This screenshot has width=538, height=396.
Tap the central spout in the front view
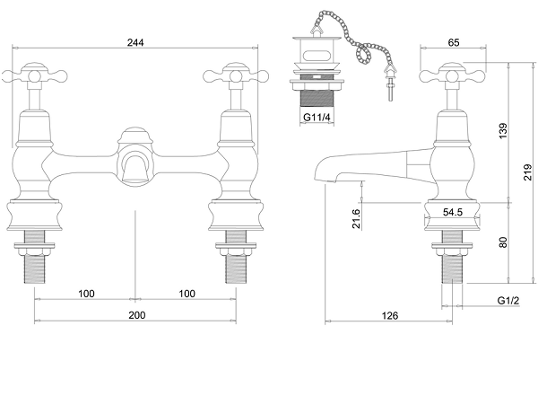point(135,167)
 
